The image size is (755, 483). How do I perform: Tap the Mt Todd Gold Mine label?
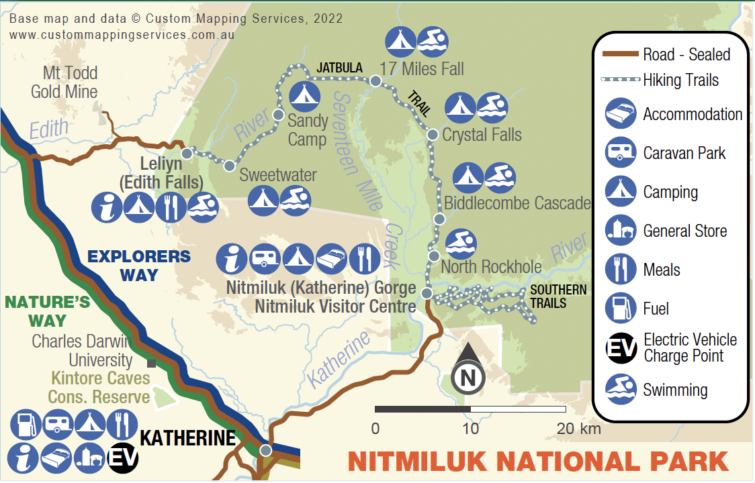coord(64,82)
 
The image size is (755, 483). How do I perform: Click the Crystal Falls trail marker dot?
coord(433,135)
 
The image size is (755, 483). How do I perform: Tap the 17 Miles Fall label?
coord(422,68)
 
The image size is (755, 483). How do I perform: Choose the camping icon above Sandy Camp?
coord(304,97)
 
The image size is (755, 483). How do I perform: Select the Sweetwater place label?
coord(278,175)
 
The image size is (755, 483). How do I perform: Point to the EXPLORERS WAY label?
coord(139,265)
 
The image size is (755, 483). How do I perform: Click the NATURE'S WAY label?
coord(47,311)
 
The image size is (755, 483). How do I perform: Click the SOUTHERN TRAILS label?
coord(558,297)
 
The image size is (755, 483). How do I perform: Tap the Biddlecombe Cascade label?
coord(517,203)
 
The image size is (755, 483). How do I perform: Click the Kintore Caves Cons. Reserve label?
coord(98,387)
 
